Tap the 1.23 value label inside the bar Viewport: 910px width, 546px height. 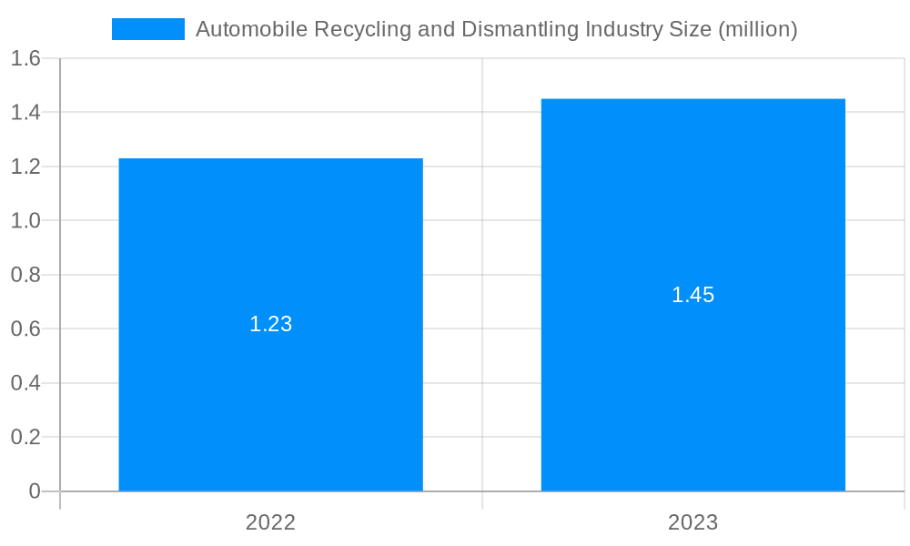[x=270, y=324]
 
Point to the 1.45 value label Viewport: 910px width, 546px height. [x=693, y=295]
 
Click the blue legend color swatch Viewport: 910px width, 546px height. [x=147, y=29]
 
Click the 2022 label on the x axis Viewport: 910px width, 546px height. [x=270, y=522]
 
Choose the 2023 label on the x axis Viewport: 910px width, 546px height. [x=693, y=522]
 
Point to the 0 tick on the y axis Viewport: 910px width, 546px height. [x=35, y=491]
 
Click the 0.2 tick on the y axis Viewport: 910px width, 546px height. [x=25, y=437]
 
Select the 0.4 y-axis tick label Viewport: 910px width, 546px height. [x=25, y=383]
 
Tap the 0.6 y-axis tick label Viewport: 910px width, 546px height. [x=25, y=329]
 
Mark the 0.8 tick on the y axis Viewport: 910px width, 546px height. [x=25, y=275]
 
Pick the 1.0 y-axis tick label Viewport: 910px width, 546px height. [x=25, y=221]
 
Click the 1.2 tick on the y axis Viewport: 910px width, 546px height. [x=25, y=167]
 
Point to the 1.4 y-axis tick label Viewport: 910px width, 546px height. [x=25, y=113]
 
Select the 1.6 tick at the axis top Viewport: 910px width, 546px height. [x=25, y=59]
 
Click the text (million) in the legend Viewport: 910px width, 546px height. [x=757, y=29]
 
